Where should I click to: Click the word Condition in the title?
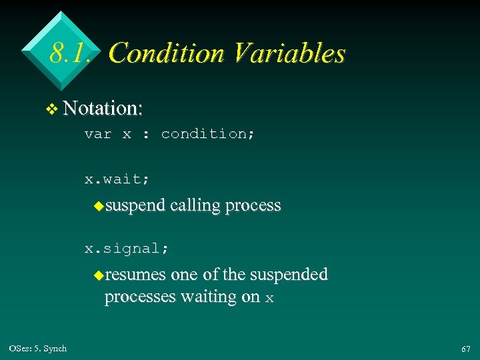coord(166,53)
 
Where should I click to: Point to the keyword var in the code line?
coord(97,134)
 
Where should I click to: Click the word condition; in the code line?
coord(208,134)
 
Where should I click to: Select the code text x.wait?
coord(117,179)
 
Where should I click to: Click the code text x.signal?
coord(127,249)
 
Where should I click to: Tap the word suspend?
coord(135,206)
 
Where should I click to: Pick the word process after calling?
coord(253,206)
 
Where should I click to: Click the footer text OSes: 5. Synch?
coord(38,349)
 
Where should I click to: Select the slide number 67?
coord(465,349)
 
